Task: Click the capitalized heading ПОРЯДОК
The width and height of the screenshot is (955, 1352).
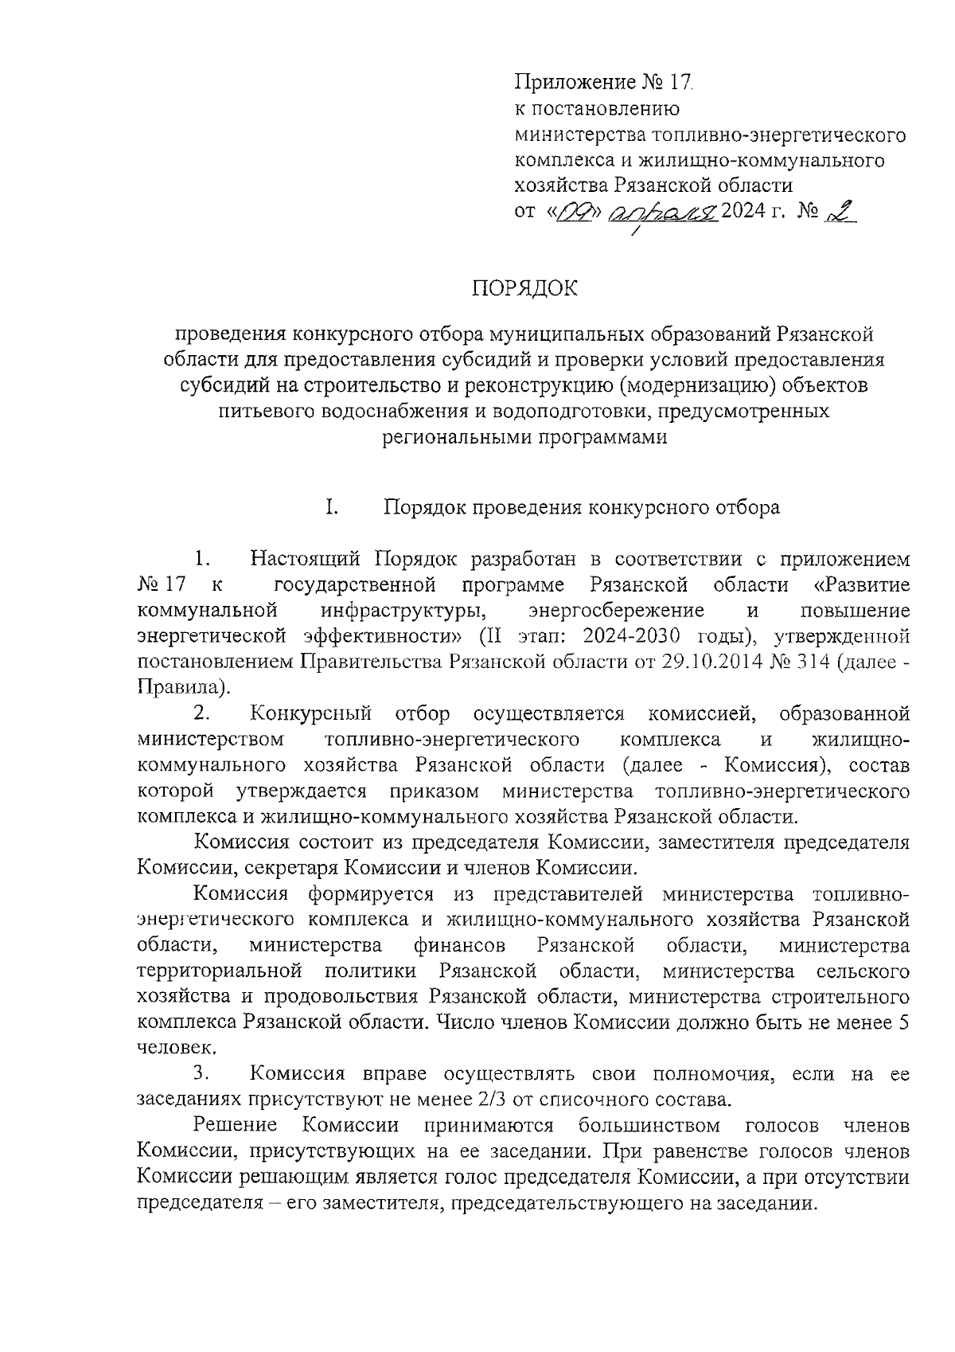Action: click(x=525, y=288)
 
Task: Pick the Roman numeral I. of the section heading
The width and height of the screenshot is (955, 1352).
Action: click(x=330, y=507)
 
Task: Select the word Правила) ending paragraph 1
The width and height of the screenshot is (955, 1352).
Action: click(x=184, y=686)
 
